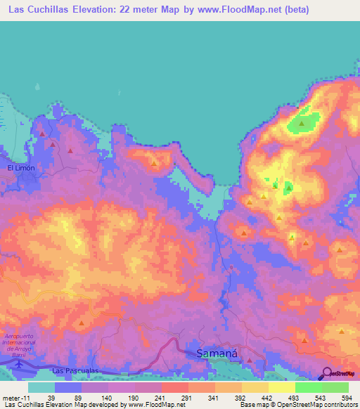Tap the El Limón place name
click(21, 169)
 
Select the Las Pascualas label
click(72, 370)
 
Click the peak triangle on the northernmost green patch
click(302, 124)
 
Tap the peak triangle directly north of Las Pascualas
click(81, 323)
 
